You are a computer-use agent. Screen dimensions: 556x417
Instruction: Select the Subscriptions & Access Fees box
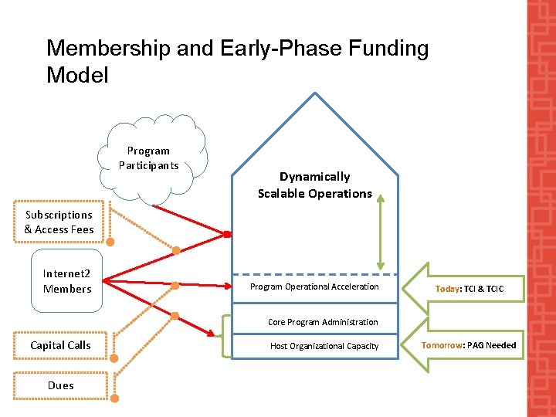pyautogui.click(x=59, y=222)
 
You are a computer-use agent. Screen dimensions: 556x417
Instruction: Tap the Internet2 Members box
pyautogui.click(x=67, y=281)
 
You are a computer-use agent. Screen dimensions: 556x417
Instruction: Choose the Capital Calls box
pyautogui.click(x=60, y=345)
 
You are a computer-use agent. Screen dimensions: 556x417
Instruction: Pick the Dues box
pyautogui.click(x=60, y=385)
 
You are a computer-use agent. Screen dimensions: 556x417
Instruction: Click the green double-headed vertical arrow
pyautogui.click(x=380, y=231)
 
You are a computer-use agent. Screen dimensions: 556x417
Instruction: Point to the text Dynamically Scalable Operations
pyautogui.click(x=315, y=185)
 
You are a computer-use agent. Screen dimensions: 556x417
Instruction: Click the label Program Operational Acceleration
pyautogui.click(x=314, y=286)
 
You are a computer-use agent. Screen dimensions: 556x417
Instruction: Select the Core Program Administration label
pyautogui.click(x=323, y=322)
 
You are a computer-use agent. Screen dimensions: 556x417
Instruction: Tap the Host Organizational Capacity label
pyautogui.click(x=324, y=346)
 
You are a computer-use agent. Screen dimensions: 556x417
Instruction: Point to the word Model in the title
pyautogui.click(x=77, y=76)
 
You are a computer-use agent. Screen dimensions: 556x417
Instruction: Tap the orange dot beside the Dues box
pyautogui.click(x=114, y=398)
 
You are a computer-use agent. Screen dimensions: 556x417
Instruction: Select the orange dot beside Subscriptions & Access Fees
pyautogui.click(x=110, y=242)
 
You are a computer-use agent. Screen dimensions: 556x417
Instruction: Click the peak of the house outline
pyautogui.click(x=315, y=93)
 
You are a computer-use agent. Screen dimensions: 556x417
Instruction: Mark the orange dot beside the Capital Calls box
pyautogui.click(x=114, y=358)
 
